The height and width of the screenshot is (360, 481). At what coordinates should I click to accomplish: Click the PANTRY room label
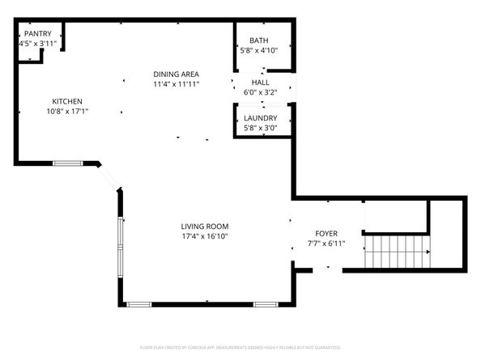pyautogui.click(x=37, y=33)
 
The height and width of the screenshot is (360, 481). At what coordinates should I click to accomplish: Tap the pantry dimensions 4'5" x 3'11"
pyautogui.click(x=37, y=44)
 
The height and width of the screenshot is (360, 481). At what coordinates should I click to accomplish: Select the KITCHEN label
pyautogui.click(x=67, y=101)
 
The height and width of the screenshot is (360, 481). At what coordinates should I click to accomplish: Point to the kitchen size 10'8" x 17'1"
pyautogui.click(x=67, y=112)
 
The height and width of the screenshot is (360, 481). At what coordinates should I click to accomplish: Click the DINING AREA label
pyautogui.click(x=176, y=74)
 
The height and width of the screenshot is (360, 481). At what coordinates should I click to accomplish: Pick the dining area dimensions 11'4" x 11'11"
pyautogui.click(x=176, y=84)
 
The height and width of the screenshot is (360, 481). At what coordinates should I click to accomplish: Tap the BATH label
pyautogui.click(x=259, y=40)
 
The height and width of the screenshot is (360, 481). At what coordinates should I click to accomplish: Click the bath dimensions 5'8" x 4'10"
pyautogui.click(x=259, y=50)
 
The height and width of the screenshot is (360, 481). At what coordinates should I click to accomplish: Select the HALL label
pyautogui.click(x=260, y=83)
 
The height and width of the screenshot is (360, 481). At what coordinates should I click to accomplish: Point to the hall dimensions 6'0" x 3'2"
pyautogui.click(x=260, y=92)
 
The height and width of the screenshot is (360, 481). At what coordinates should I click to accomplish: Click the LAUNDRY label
pyautogui.click(x=260, y=118)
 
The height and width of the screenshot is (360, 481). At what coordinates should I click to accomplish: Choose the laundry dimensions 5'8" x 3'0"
pyautogui.click(x=260, y=128)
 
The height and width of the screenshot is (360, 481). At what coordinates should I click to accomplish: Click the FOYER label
pyautogui.click(x=326, y=233)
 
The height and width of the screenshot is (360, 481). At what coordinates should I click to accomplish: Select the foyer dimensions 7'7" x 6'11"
pyautogui.click(x=326, y=244)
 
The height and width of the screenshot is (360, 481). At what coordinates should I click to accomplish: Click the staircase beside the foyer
pyautogui.click(x=396, y=252)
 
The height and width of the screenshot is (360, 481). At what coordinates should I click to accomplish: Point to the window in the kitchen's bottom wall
pyautogui.click(x=68, y=163)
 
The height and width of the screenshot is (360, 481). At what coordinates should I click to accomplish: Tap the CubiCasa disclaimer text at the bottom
pyautogui.click(x=240, y=347)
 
